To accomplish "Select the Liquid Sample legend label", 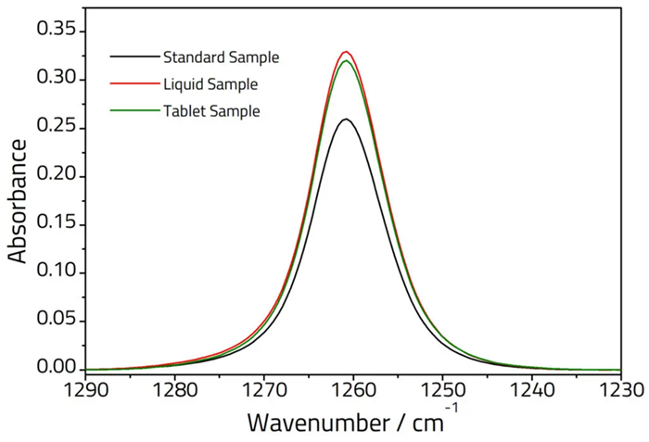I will (x=210, y=84).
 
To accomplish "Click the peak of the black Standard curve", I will (x=346, y=119).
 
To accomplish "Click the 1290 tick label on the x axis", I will (x=85, y=389).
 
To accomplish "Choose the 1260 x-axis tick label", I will (x=352, y=389).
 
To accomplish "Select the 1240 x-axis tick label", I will (x=530, y=389).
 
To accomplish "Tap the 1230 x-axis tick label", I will (x=619, y=389).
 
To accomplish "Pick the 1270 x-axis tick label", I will (x=263, y=389).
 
